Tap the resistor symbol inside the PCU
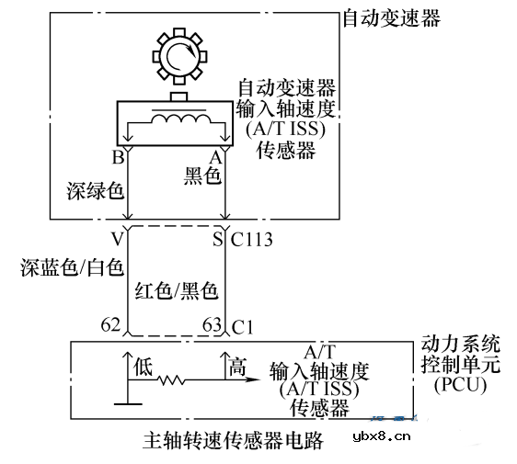(x=172, y=379)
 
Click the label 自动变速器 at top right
(x=390, y=18)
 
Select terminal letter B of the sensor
(x=118, y=158)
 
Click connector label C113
(x=251, y=241)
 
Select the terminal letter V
(x=116, y=240)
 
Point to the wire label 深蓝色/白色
(x=72, y=267)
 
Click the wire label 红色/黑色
(x=177, y=291)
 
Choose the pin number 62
(x=111, y=324)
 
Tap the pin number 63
(x=212, y=324)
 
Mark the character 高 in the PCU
(x=237, y=368)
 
